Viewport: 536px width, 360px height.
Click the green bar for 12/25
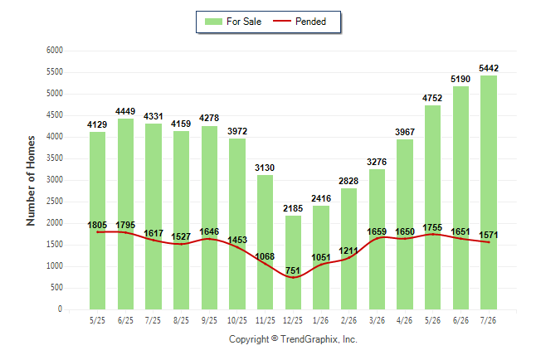pyautogui.click(x=293, y=263)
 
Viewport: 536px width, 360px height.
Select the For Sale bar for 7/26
pyautogui.click(x=489, y=192)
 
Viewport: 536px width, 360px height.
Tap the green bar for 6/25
pyautogui.click(x=125, y=214)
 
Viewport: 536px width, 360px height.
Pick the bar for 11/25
pyautogui.click(x=265, y=242)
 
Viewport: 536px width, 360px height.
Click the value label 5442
pyautogui.click(x=489, y=68)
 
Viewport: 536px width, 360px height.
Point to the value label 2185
pyautogui.click(x=293, y=208)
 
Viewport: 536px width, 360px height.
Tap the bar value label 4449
pyautogui.click(x=125, y=111)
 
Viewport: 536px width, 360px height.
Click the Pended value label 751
pyautogui.click(x=293, y=270)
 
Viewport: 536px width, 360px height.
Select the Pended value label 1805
pyautogui.click(x=97, y=225)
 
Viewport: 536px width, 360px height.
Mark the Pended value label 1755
pyautogui.click(x=432, y=227)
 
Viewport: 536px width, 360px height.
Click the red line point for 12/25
pyautogui.click(x=293, y=277)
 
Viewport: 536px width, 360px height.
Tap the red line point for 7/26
pyautogui.click(x=489, y=242)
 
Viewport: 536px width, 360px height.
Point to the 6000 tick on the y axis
pyautogui.click(x=55, y=51)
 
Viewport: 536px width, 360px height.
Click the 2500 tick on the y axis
pyautogui.click(x=55, y=202)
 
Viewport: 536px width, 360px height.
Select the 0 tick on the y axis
pyautogui.click(x=61, y=309)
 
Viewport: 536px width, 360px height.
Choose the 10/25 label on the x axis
pyautogui.click(x=237, y=320)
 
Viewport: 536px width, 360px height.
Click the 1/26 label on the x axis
pyautogui.click(x=320, y=320)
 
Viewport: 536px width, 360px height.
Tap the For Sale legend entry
pyautogui.click(x=233, y=22)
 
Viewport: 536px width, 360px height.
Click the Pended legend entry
pyautogui.click(x=300, y=22)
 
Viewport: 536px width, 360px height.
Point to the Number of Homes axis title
pyautogui.click(x=31, y=181)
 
